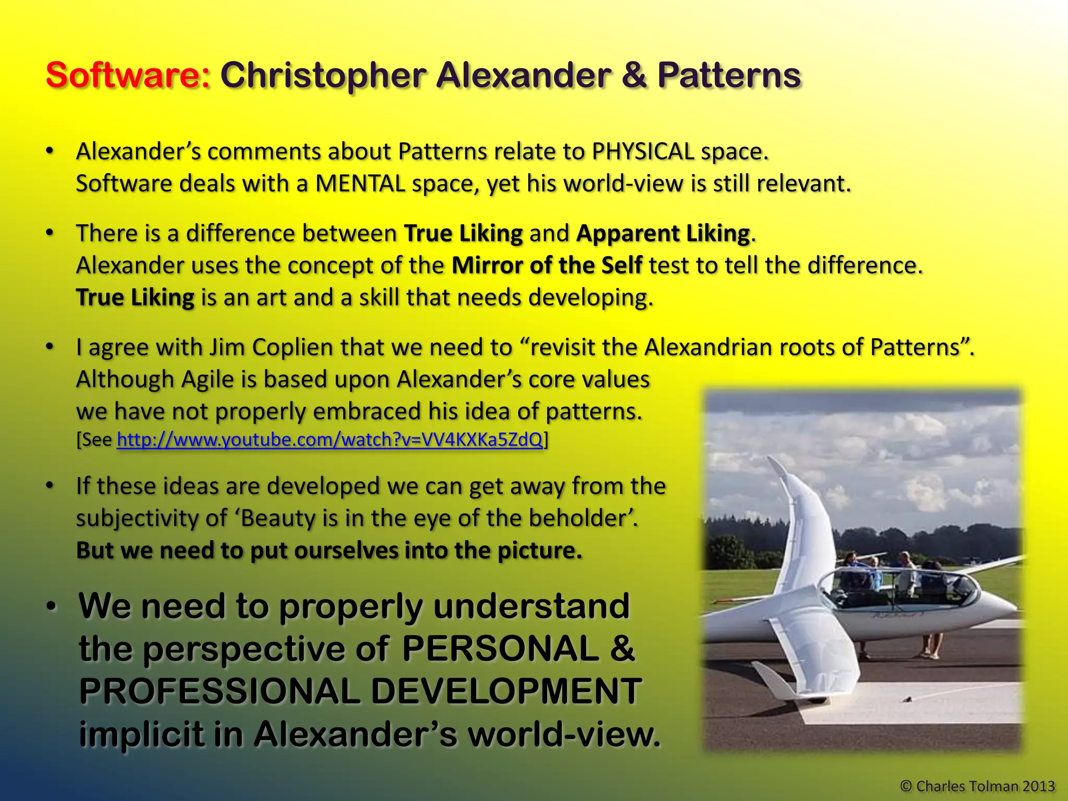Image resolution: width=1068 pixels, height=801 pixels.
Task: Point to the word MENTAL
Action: pos(360,184)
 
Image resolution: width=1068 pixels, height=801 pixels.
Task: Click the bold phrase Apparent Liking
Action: pos(663,233)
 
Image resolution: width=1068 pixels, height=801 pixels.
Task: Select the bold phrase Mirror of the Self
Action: pos(547,265)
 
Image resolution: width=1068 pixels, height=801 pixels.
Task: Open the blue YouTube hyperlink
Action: pos(330,440)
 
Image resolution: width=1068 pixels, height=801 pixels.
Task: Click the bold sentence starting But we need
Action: pos(329,551)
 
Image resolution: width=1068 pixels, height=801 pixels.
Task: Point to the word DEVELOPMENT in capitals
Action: pos(506,691)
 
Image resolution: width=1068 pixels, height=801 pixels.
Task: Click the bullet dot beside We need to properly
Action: pos(51,607)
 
